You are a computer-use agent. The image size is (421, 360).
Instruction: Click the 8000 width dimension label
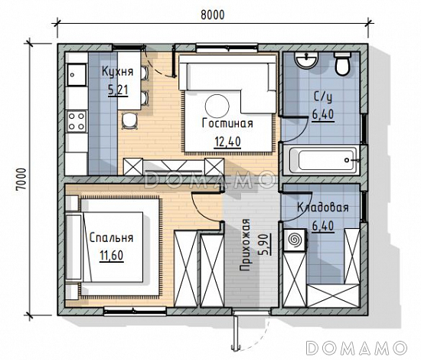(213, 15)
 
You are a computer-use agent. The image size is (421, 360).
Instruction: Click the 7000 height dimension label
(21, 179)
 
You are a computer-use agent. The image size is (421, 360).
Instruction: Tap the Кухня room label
(117, 72)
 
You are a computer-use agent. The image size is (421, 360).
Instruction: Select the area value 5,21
(118, 90)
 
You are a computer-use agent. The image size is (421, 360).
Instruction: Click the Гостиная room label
(227, 123)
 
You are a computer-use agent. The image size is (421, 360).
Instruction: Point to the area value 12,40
(227, 142)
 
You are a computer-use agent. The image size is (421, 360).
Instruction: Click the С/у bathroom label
(323, 97)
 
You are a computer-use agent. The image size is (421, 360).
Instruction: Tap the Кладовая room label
(323, 208)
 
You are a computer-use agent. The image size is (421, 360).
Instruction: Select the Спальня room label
(111, 237)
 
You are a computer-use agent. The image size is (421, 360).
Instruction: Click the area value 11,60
(112, 255)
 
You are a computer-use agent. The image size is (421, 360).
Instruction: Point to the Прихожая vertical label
(244, 244)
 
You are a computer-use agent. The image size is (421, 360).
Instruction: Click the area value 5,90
(264, 244)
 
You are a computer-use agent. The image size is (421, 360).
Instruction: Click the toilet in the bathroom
(342, 64)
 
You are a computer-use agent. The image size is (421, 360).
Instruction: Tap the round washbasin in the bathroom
(306, 60)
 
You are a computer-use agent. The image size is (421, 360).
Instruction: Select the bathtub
(321, 160)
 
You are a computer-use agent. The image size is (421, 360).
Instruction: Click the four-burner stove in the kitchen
(77, 121)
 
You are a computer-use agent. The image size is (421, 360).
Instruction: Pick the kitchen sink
(77, 75)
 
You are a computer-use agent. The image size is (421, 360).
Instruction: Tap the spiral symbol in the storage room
(295, 240)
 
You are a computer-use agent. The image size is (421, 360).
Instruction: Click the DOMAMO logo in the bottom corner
(356, 349)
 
